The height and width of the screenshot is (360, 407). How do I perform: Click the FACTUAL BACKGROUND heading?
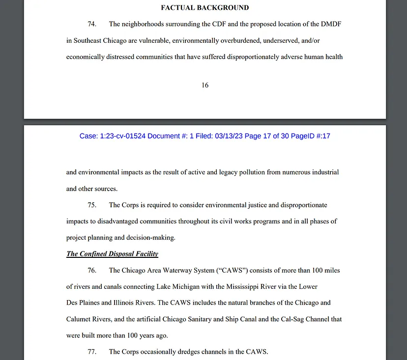[204, 8]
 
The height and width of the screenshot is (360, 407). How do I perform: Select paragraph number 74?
[92, 24]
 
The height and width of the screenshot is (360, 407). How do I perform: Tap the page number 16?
[205, 85]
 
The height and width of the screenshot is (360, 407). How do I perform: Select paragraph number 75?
[92, 205]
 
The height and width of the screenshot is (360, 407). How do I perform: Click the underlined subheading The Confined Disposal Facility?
[112, 254]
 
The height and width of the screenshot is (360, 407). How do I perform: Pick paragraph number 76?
[92, 270]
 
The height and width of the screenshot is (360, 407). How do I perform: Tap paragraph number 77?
[92, 352]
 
